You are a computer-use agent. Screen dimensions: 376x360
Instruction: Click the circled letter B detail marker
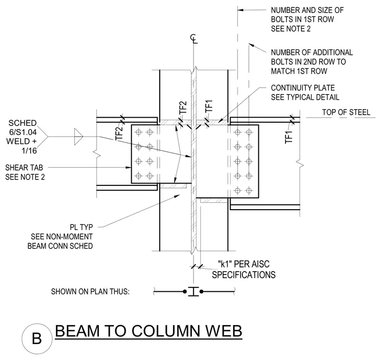tap(37, 338)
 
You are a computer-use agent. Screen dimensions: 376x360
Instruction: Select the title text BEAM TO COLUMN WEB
tap(149, 331)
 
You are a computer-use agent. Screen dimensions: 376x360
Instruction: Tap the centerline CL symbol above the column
tap(194, 39)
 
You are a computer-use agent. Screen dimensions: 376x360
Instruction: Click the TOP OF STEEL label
tap(346, 112)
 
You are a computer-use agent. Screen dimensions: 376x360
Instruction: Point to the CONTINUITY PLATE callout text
tap(305, 92)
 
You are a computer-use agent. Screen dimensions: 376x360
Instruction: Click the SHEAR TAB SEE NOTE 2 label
tap(25, 172)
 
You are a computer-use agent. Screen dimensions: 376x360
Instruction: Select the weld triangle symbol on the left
tap(78, 136)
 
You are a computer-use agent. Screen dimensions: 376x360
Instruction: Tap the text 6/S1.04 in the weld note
tap(23, 132)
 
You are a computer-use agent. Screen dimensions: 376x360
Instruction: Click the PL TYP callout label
tap(81, 227)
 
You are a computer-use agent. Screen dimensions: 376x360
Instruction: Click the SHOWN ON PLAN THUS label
tap(90, 291)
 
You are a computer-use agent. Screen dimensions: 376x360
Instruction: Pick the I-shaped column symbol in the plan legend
tap(193, 291)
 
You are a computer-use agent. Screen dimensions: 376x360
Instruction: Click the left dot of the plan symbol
tap(185, 292)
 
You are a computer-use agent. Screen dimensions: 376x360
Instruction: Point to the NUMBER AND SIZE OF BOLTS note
tap(307, 19)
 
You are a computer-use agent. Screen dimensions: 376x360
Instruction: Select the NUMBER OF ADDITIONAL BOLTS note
tap(312, 62)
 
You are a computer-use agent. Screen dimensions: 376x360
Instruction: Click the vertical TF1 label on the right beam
tap(289, 137)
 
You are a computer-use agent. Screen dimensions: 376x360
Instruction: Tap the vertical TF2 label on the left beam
tap(119, 133)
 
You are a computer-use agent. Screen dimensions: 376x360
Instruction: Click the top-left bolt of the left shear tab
tap(139, 132)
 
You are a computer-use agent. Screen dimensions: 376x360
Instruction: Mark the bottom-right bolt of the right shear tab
tap(249, 191)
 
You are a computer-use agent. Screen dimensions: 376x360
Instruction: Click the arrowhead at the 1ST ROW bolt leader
tap(240, 10)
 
